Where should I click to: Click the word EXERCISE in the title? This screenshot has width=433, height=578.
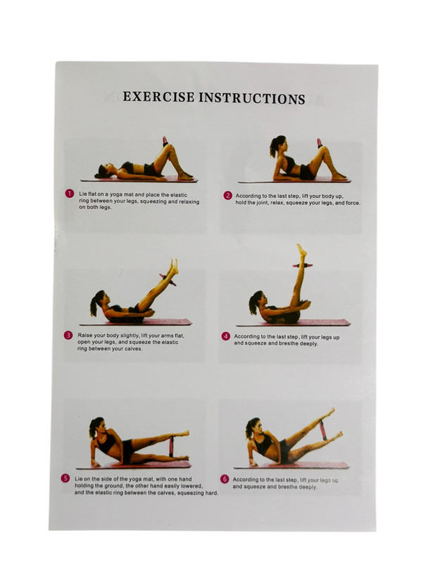[x=158, y=97]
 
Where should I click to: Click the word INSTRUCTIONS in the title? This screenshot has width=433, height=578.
[x=252, y=99]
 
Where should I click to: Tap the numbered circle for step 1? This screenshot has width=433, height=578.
[x=70, y=194]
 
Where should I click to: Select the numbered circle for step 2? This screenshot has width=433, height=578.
[x=228, y=196]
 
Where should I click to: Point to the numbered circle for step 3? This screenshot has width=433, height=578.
[x=68, y=335]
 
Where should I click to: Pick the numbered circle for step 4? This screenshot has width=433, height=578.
[x=226, y=336]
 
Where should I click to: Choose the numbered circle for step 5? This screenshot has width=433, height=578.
[x=65, y=479]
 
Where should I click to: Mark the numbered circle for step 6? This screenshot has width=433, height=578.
[x=225, y=479]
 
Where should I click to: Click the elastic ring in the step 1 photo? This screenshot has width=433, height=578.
[x=165, y=142]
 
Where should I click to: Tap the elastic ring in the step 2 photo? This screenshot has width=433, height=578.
[x=319, y=143]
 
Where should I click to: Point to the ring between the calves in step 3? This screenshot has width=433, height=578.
[x=168, y=280]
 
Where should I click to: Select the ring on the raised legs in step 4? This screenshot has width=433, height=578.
[x=303, y=266]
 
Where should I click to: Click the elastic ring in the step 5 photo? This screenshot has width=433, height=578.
[x=171, y=446]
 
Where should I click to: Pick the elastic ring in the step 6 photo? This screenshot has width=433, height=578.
[x=323, y=430]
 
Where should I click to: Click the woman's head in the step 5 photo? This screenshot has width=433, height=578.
[x=97, y=427]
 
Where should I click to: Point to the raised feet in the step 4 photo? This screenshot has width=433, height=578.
[x=302, y=250]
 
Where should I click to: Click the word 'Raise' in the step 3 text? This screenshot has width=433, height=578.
[x=85, y=336]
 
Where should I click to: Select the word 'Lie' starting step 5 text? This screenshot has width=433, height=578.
[x=79, y=479]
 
